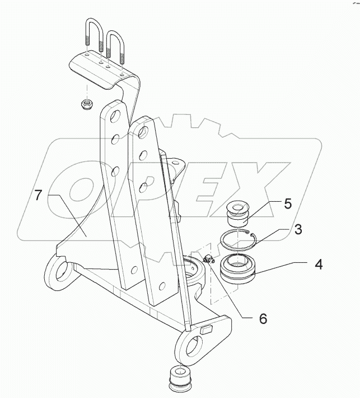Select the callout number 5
click(287, 203)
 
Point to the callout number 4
click(317, 263)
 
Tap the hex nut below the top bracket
click(87, 105)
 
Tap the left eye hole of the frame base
click(59, 274)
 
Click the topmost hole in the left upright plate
click(116, 116)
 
